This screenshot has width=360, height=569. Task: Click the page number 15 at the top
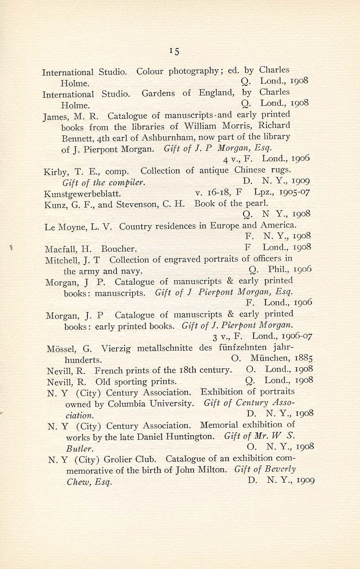(174, 51)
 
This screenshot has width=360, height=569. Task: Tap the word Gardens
(159, 94)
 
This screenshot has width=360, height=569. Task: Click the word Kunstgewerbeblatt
(82, 194)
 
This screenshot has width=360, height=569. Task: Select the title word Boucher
(119, 249)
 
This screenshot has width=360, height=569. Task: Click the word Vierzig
(116, 349)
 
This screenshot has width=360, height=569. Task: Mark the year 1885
(304, 358)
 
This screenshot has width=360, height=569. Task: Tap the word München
(269, 359)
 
